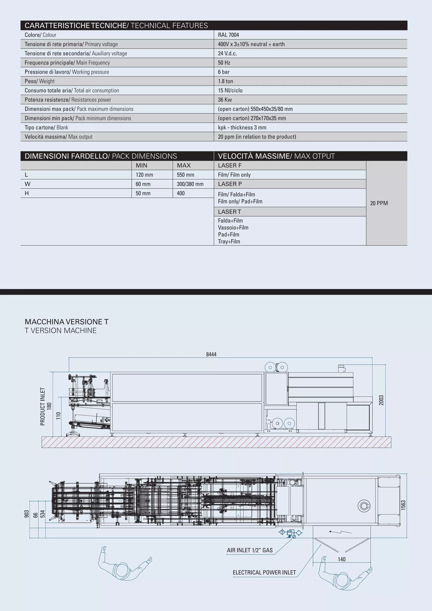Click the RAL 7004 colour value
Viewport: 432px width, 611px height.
(228, 35)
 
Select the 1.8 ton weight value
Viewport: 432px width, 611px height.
(225, 81)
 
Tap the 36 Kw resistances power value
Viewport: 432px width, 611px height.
(225, 100)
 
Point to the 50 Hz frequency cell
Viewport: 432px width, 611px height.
(224, 63)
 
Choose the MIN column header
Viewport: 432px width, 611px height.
(141, 166)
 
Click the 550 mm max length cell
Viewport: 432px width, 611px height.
(186, 175)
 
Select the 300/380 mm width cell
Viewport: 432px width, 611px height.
(190, 184)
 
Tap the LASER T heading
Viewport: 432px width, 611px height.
(229, 212)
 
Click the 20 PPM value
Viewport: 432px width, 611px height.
(379, 203)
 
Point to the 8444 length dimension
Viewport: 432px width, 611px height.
(211, 354)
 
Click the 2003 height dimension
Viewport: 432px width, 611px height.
(381, 400)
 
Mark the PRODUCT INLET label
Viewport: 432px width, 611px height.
(43, 406)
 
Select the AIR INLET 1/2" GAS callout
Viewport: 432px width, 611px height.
(250, 550)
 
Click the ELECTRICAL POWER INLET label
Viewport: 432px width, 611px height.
(264, 572)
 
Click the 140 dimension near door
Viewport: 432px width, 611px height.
(342, 559)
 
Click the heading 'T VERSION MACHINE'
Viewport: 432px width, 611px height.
(61, 330)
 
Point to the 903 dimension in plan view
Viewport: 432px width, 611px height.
(27, 514)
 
